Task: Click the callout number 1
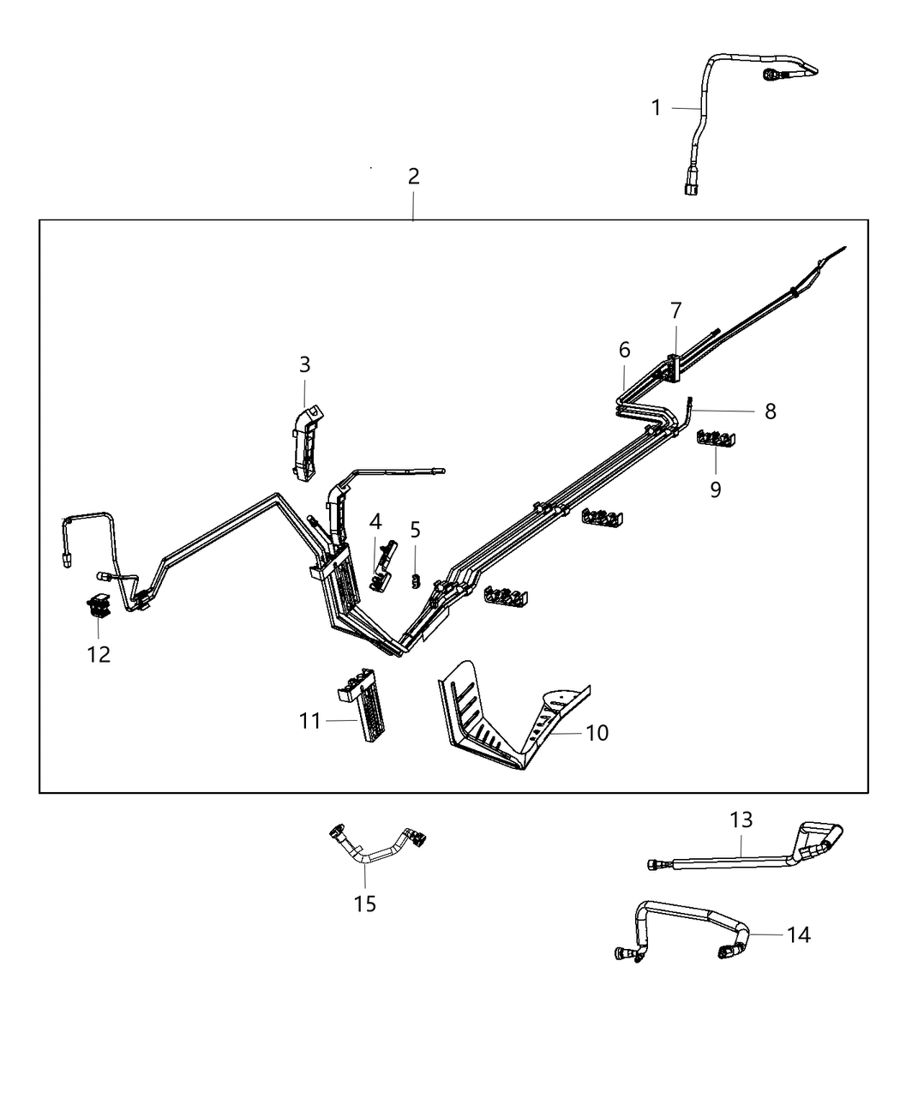656,108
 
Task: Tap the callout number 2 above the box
413,177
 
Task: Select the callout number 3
304,364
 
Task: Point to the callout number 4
375,520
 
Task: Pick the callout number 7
675,309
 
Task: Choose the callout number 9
715,489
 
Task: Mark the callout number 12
99,654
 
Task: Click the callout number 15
365,904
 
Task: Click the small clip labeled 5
416,581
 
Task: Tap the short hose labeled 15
377,848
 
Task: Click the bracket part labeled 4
382,566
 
